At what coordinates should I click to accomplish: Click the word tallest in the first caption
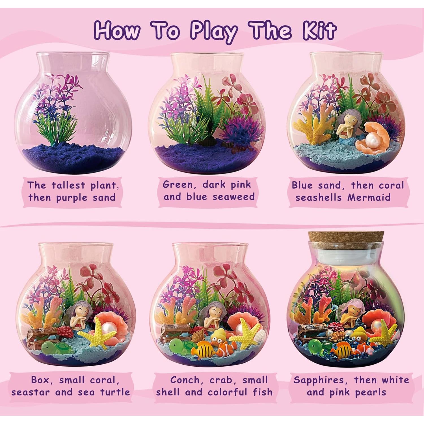tap(68, 185)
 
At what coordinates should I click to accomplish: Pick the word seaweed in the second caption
tap(233, 197)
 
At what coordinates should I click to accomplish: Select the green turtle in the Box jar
tap(54, 347)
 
